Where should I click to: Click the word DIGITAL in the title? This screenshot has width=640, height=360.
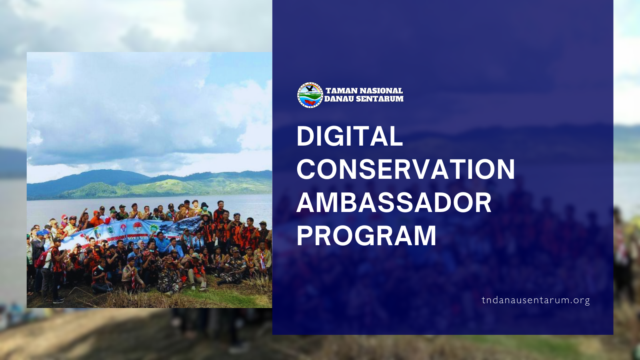point(350,136)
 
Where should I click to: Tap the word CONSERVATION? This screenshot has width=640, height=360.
point(406,169)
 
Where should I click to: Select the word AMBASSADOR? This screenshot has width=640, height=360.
point(394,202)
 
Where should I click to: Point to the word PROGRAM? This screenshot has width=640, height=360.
point(366,236)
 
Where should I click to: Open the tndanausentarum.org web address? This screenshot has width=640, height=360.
point(536,300)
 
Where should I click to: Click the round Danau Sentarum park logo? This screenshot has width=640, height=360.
point(310,95)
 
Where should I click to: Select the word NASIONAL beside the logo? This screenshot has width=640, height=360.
point(381,91)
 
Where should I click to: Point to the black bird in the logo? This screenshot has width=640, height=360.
point(310,89)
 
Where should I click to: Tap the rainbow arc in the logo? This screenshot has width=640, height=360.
point(314,86)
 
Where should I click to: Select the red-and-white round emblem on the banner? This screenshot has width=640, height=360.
point(138,227)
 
